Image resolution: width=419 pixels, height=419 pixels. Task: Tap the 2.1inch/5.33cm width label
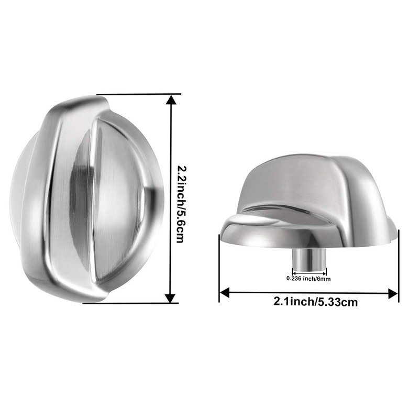tap(310, 302)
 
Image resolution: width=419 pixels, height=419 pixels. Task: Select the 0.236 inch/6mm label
tap(308, 279)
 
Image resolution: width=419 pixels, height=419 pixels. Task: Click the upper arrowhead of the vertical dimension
tap(170, 100)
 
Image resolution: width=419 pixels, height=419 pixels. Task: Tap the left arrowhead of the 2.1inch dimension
tap(224, 293)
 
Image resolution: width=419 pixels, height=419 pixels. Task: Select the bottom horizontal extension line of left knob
tap(131, 303)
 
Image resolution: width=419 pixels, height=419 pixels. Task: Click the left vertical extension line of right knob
tap(219, 267)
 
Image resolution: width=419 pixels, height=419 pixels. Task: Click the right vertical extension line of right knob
tap(399, 267)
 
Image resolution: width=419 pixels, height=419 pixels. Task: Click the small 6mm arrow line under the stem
tap(309, 272)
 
